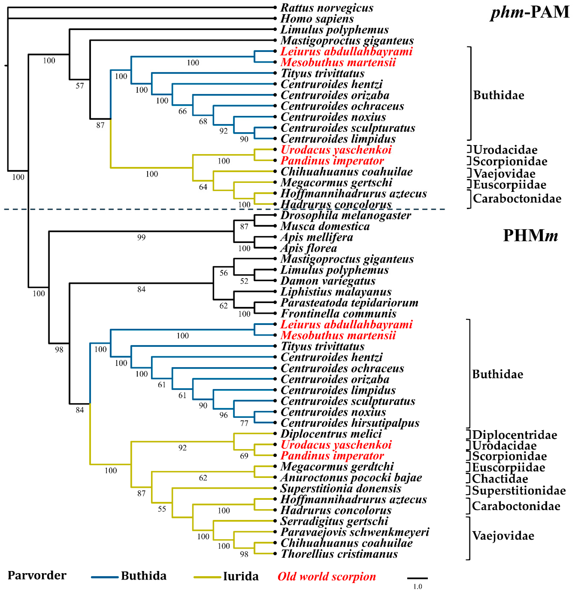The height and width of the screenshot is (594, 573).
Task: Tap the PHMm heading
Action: point(530,235)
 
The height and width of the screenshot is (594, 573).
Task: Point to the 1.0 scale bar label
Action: point(417,586)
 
